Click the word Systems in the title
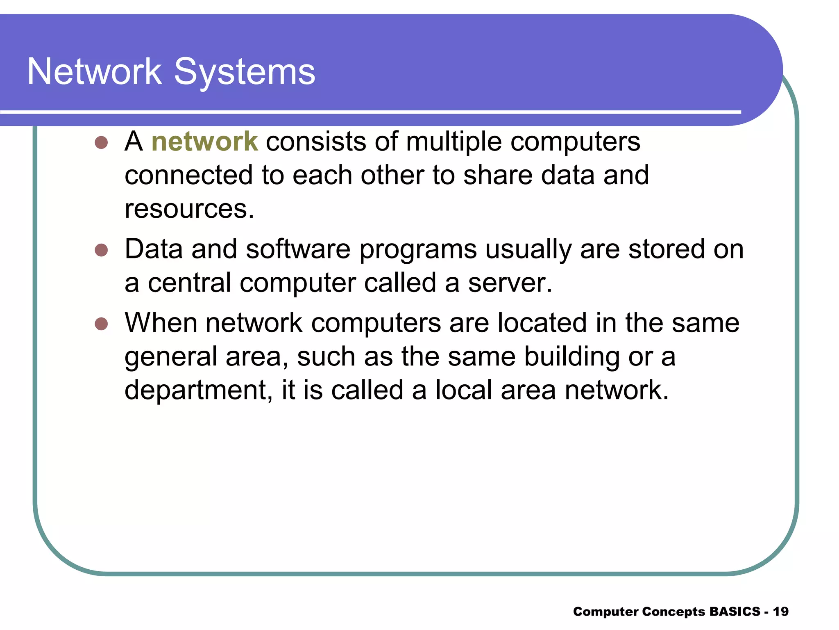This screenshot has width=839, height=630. click(x=245, y=73)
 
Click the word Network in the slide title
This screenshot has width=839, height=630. click(x=95, y=72)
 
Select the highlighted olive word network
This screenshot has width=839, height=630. click(x=204, y=142)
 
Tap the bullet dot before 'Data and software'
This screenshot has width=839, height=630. click(x=101, y=250)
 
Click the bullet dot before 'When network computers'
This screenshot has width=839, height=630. click(x=101, y=324)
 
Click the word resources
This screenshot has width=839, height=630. click(x=189, y=209)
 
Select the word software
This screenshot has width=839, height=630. click(x=298, y=249)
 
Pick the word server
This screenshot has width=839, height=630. click(x=510, y=283)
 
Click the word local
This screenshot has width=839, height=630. click(x=463, y=390)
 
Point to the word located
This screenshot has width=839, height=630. click(x=542, y=323)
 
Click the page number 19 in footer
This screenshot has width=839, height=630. click(x=781, y=612)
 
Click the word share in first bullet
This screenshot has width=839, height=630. click(x=497, y=175)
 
